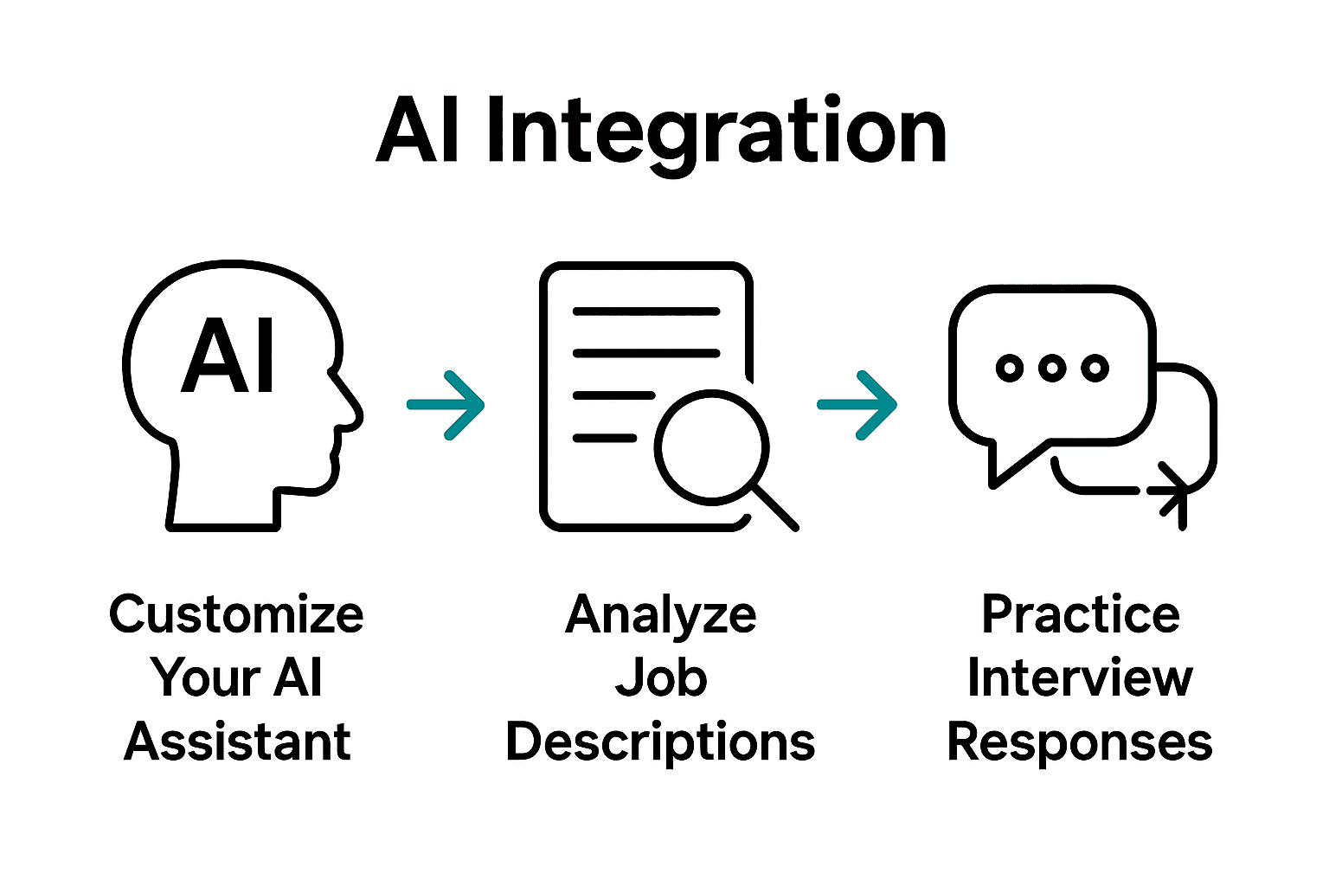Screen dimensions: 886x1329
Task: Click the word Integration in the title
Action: pos(716,132)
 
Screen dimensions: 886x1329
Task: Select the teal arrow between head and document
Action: pos(446,405)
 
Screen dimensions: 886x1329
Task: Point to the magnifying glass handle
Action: pos(775,507)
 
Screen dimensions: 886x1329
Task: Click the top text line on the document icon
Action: pos(646,311)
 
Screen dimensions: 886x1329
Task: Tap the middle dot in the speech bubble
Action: pos(1052,368)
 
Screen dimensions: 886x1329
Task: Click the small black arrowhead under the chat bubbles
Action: pos(1173,493)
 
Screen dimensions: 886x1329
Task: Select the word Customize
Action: pos(236,614)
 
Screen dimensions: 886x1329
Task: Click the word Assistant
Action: pos(237,742)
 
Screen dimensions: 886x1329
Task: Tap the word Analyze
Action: pos(661,615)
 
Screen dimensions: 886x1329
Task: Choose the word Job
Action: pos(661,678)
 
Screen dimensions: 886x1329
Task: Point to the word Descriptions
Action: pos(660,742)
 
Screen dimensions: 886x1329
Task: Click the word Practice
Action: pos(1081,614)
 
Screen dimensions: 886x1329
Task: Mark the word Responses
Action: pos(1080,742)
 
